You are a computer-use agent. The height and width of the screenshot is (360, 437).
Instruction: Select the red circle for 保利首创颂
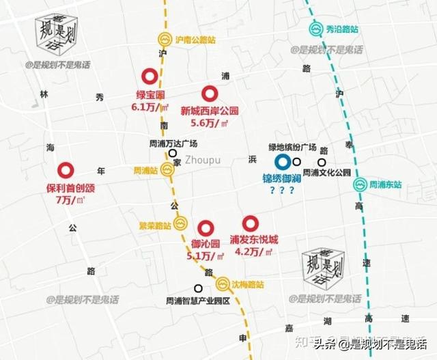[x=66, y=171]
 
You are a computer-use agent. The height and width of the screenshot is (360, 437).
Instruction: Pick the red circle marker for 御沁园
[x=205, y=228]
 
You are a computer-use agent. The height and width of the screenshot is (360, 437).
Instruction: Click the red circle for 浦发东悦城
[x=251, y=223]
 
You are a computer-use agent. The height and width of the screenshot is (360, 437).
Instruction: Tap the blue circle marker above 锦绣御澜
[x=282, y=162]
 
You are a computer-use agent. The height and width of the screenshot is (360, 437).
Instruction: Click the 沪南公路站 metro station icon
[x=165, y=40]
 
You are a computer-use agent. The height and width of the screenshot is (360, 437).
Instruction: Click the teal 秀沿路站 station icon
[x=316, y=29]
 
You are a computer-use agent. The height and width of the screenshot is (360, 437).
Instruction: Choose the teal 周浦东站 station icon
[x=359, y=184]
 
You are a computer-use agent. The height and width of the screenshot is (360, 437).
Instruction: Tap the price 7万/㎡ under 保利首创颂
[x=70, y=199]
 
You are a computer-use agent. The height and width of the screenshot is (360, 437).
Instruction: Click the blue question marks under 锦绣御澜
[x=281, y=191]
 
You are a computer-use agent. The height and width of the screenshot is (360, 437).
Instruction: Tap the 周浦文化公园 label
[x=326, y=172]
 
